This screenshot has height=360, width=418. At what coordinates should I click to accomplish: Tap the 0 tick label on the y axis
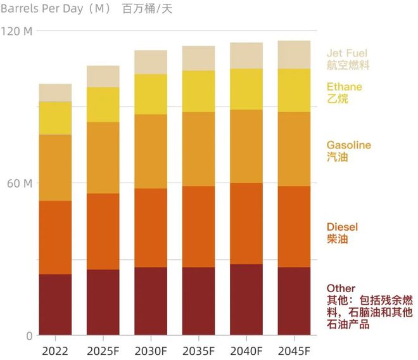click(29, 336)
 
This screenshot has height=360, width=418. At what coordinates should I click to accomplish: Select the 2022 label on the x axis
click(55, 350)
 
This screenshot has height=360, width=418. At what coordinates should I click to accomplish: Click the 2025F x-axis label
click(103, 350)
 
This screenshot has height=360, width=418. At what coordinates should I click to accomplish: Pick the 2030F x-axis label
click(151, 350)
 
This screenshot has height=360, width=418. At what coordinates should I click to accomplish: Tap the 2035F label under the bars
click(198, 350)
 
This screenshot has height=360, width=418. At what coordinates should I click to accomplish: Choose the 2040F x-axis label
click(246, 350)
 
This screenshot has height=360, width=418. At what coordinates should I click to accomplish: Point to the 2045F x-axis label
click(294, 350)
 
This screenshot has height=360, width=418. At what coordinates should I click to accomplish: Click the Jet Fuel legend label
click(346, 53)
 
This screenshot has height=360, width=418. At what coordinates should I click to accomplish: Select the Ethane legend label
click(344, 87)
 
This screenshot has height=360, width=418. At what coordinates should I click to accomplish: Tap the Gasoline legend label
click(348, 145)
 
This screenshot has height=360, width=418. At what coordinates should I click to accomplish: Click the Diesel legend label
click(342, 227)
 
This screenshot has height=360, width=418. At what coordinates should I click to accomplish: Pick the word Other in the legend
click(341, 288)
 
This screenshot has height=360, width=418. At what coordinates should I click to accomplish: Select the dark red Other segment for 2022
click(55, 304)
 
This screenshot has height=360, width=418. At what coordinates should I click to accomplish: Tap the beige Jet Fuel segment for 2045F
click(294, 55)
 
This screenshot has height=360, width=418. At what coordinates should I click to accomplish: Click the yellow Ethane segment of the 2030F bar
click(151, 94)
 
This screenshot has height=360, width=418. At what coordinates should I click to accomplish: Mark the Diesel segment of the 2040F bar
click(246, 223)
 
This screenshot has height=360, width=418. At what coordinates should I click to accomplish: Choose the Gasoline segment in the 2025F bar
click(103, 157)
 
